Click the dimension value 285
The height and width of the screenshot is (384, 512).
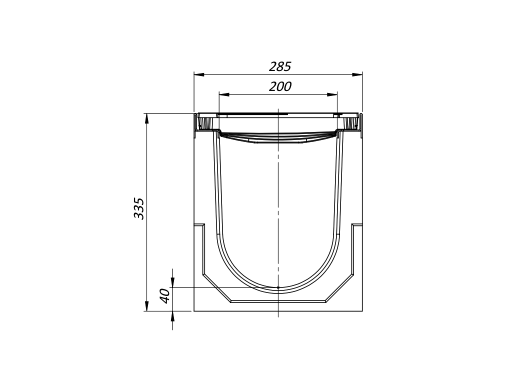coord(280,66)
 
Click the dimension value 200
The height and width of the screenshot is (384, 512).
coord(280,86)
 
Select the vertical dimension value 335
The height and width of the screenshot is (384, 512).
coord(139,208)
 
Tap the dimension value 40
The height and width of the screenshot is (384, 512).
coord(165,296)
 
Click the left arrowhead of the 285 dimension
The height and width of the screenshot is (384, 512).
coord(199,75)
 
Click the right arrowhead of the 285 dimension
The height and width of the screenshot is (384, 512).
coord(357,75)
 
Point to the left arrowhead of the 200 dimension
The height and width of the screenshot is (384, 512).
coord(224,94)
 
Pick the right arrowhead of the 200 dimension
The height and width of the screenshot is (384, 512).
coord(332,94)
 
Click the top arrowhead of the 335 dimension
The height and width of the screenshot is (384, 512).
coord(146,118)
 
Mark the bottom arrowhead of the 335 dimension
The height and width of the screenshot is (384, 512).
coord(146,306)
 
